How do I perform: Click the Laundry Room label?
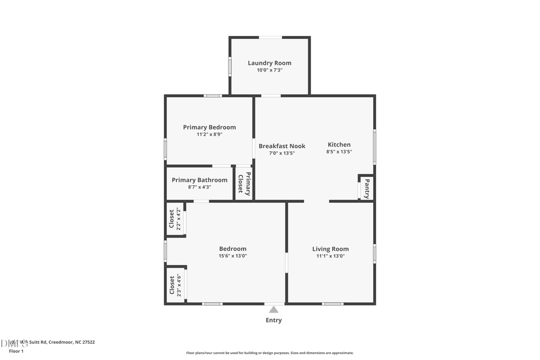(270, 63)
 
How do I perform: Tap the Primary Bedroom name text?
(209, 127)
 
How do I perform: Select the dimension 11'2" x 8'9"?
(209, 134)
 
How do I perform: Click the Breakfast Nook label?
(282, 146)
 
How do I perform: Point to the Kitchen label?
(339, 145)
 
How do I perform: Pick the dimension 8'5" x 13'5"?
(339, 152)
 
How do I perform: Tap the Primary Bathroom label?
(200, 180)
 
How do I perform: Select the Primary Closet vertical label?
(244, 184)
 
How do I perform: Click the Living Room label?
(331, 249)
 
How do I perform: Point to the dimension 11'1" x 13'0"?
(331, 256)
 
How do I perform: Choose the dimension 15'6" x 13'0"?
(233, 256)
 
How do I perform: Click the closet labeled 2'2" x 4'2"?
(175, 219)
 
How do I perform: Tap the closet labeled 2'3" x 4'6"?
(175, 285)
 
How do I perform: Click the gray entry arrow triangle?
(274, 310)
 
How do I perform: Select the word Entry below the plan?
(274, 320)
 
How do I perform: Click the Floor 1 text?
(16, 350)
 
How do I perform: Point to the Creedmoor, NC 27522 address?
(72, 342)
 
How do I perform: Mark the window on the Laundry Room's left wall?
(230, 66)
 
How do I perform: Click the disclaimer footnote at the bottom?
(270, 353)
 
